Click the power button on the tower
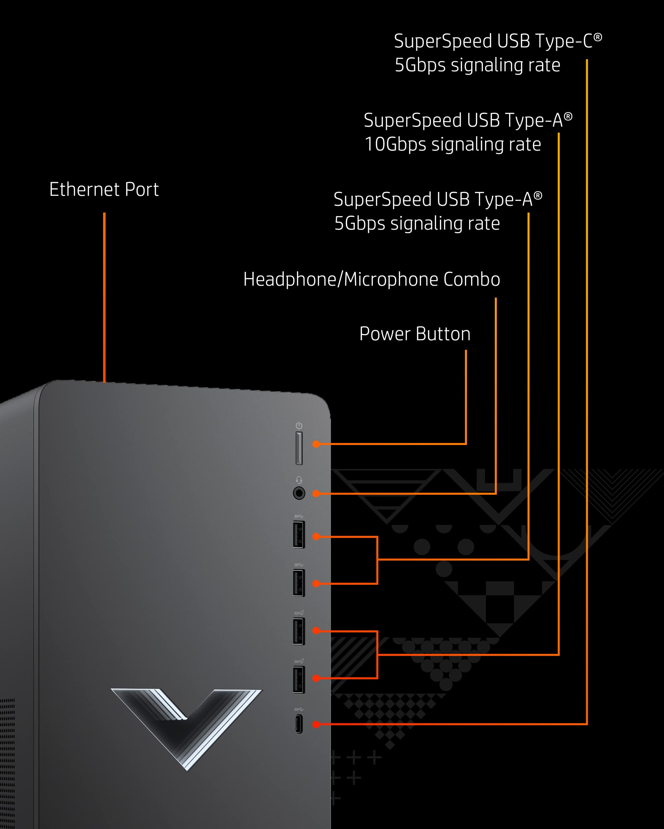(x=299, y=448)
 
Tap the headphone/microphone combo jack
(x=299, y=493)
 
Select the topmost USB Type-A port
(x=299, y=534)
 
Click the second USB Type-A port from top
(x=299, y=583)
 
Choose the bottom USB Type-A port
(x=299, y=680)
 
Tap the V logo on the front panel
(x=187, y=723)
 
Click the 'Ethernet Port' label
(x=104, y=189)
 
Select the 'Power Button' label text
(x=415, y=334)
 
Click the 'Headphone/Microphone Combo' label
(x=372, y=279)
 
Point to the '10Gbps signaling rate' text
(x=453, y=144)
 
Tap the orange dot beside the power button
(x=316, y=444)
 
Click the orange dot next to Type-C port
(x=316, y=724)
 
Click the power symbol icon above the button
(x=299, y=426)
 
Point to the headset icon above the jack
(x=299, y=480)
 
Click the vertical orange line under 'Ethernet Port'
(x=104, y=296)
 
